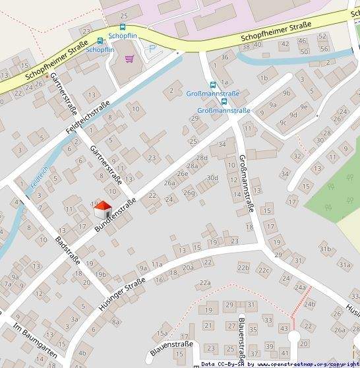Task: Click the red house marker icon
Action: (x=102, y=210)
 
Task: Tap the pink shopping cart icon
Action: (x=129, y=59)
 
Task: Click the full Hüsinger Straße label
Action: (x=121, y=294)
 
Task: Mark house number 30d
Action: (x=212, y=177)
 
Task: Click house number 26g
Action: (x=189, y=193)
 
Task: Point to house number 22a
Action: (x=205, y=282)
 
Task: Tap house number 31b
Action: (x=325, y=249)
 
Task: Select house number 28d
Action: (x=202, y=158)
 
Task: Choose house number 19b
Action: (x=100, y=274)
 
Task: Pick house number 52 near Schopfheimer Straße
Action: (x=322, y=36)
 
